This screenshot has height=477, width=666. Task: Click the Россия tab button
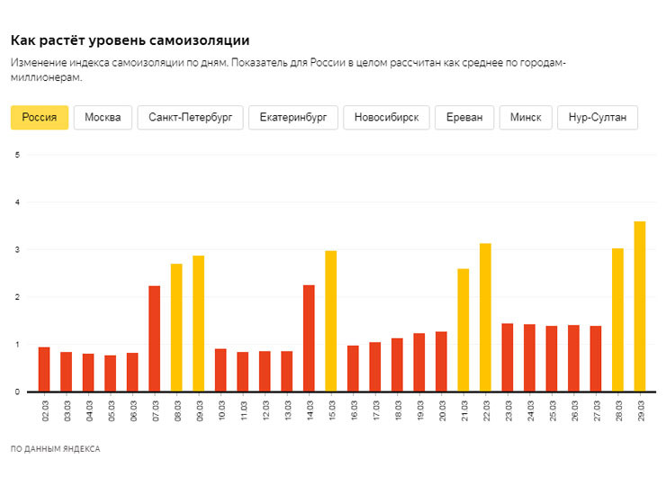40,118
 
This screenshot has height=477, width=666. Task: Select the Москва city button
103,118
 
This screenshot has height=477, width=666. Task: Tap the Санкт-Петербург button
191,118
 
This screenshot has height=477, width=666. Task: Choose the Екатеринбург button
293,118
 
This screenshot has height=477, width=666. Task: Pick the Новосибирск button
386,118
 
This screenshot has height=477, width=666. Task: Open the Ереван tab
464,118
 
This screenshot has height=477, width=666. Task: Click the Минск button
526,118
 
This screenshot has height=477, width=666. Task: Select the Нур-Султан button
598,118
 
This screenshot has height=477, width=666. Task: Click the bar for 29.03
640,306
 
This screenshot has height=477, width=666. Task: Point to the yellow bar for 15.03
331,321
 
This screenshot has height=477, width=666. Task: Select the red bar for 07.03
155,338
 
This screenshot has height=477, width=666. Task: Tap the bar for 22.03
485,318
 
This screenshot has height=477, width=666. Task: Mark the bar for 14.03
309,338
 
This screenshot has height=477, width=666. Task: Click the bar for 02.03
44,369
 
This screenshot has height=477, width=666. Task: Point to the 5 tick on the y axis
18,155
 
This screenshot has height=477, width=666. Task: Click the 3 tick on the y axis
18,249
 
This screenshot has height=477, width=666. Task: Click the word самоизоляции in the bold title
194,40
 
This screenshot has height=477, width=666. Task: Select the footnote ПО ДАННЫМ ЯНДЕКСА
56,448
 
